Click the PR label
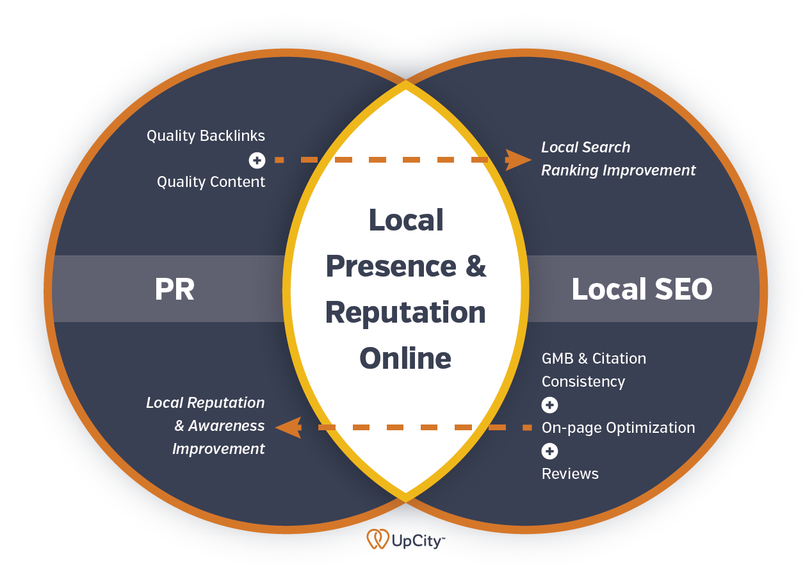click(174, 289)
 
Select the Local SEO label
click(641, 289)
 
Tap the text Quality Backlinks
click(206, 136)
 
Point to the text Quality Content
click(211, 182)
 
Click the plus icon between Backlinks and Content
click(257, 160)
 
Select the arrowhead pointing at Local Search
click(517, 160)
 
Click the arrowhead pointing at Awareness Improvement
click(289, 427)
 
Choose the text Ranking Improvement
click(618, 170)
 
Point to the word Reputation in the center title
click(405, 312)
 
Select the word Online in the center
click(405, 357)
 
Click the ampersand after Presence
click(475, 266)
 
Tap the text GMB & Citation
click(594, 359)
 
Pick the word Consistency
click(583, 382)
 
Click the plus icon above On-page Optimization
click(549, 405)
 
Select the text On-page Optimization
click(618, 428)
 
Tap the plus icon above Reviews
click(549, 451)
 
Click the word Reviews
click(570, 474)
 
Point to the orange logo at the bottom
click(378, 539)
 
